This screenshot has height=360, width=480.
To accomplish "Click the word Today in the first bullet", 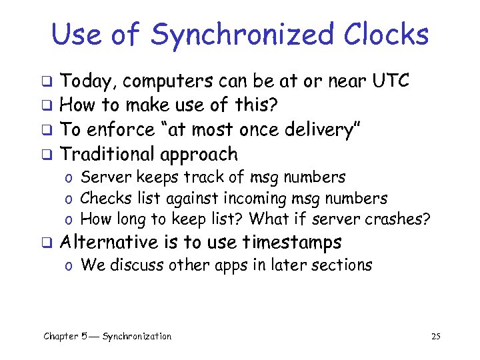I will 88,82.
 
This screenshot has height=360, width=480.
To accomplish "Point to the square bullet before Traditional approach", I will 47,155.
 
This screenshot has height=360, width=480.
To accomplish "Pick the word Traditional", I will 107,154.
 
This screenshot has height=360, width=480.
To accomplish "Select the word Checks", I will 103,198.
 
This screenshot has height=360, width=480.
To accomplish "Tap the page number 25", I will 436,337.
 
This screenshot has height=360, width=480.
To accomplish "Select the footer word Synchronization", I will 137,337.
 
